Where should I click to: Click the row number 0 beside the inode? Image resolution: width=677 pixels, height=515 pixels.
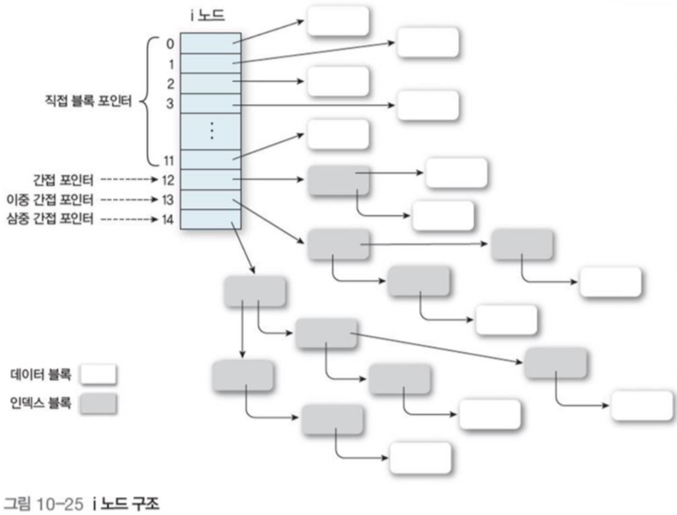(169, 42)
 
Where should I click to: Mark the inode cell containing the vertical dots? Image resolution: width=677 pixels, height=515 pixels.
(210, 131)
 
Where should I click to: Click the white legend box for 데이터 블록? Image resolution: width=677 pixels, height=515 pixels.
(98, 375)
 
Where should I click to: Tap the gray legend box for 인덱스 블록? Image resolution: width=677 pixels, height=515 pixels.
(98, 403)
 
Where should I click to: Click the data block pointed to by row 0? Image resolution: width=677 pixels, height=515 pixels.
(338, 21)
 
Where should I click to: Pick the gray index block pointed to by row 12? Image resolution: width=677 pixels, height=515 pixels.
(338, 180)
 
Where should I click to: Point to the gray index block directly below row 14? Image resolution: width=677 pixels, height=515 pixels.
(255, 292)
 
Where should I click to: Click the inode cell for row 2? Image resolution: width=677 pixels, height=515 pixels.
(210, 84)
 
